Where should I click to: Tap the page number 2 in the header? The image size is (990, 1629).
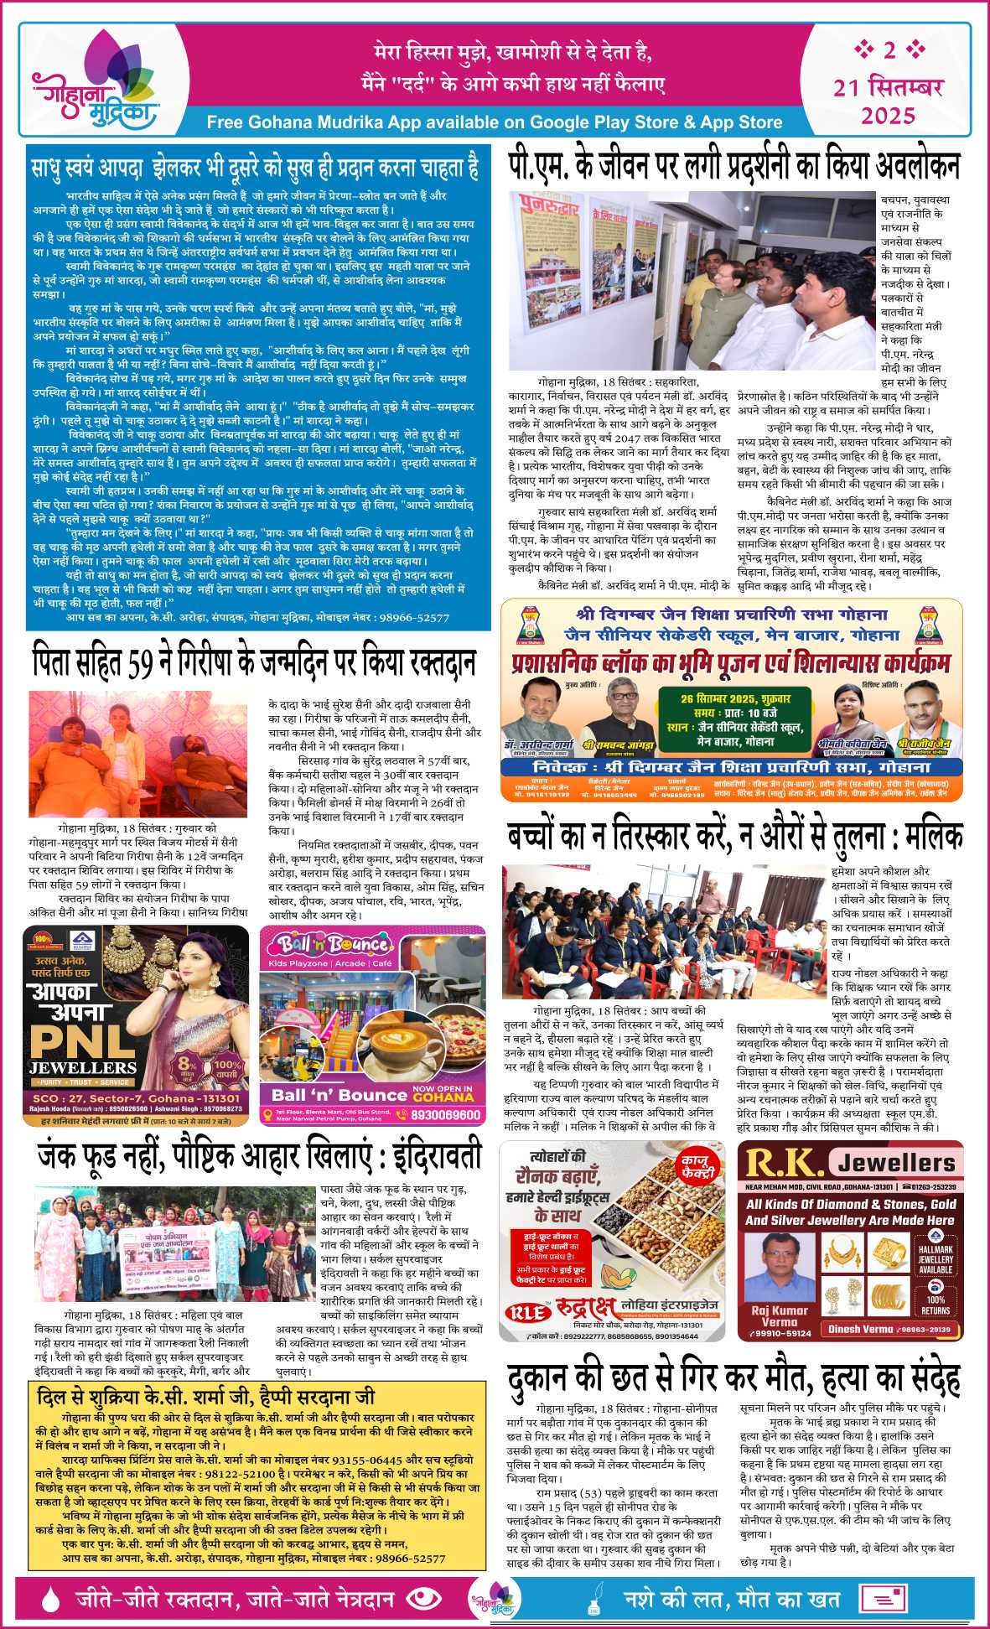tap(889, 50)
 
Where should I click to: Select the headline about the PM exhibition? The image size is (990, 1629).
tap(733, 166)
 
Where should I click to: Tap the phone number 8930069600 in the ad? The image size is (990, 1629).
tap(446, 1115)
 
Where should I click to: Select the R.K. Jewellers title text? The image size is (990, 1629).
tap(850, 1163)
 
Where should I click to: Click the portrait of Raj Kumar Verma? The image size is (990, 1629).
tap(780, 1269)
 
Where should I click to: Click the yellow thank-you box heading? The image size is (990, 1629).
tap(206, 1397)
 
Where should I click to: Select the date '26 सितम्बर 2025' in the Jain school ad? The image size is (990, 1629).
tap(723, 698)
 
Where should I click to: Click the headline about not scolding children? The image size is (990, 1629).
tap(733, 838)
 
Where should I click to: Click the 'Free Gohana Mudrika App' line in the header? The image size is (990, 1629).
tap(494, 122)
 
